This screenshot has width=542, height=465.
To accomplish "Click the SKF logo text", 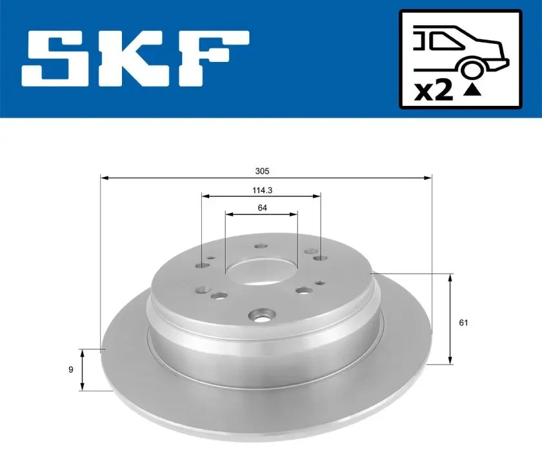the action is click(x=135, y=59).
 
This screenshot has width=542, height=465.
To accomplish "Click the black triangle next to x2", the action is click(x=472, y=90).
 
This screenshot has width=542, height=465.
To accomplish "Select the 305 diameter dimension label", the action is click(x=262, y=171).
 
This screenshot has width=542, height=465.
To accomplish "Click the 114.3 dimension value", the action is click(x=262, y=190).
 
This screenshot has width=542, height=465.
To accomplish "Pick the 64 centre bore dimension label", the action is click(x=262, y=207).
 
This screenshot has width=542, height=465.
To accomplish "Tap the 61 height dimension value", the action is click(x=463, y=322).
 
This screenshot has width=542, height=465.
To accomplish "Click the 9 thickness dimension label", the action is click(x=71, y=369).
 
